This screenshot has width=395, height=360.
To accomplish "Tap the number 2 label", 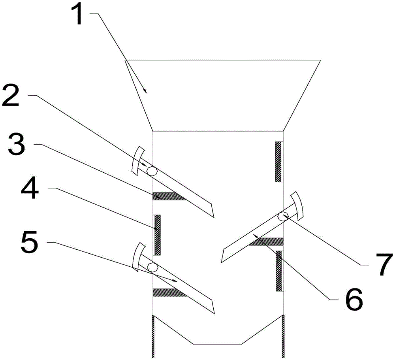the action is coord(11,96).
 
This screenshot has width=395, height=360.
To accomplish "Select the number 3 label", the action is coord(17,144).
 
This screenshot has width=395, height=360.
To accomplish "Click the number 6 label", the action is coord(354,300).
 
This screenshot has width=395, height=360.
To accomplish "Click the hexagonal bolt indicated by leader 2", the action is coord(152,170).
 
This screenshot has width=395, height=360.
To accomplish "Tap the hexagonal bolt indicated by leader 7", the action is coord(283,216).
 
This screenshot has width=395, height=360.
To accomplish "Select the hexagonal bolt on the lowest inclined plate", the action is coord(152,267).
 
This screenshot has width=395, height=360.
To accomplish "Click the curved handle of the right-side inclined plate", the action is coord(298,205).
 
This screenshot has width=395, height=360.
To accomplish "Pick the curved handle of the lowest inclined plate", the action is coord(138,257).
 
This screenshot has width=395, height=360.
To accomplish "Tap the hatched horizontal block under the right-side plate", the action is coord(266,241).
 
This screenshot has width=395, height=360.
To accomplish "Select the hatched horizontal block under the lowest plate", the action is coord(169,292).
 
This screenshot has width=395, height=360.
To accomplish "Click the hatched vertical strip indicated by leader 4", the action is coord(158,235).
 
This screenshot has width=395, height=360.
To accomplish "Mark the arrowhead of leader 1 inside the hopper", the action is coord(145,91).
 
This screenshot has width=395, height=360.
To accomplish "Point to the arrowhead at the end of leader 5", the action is coord(174,281).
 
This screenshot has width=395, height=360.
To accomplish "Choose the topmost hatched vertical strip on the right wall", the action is coord(278,162).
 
